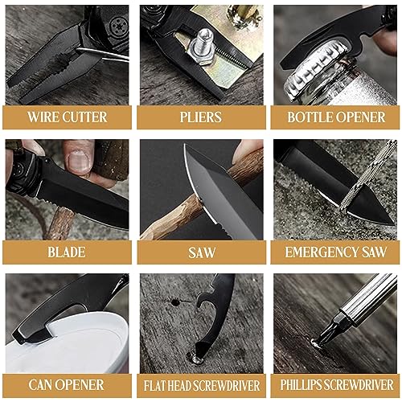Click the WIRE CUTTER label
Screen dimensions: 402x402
coord(67,117)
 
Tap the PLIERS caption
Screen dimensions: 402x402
coord(201,117)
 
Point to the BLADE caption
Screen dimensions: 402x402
coord(67,252)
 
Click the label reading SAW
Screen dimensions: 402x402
coord(201,252)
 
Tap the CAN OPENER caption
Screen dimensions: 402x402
coord(67,386)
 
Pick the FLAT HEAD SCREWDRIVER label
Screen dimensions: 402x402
coord(201,387)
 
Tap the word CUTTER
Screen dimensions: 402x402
coord(86,117)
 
